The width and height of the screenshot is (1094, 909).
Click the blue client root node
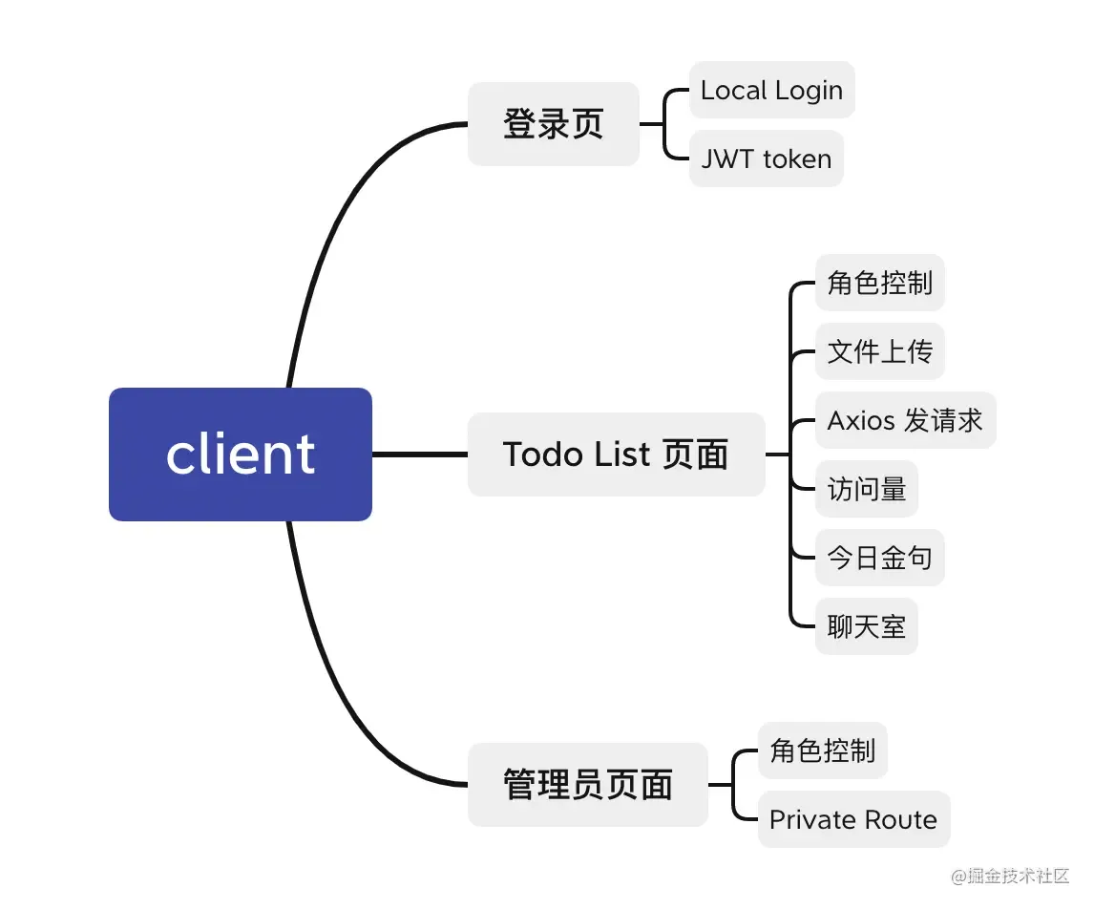240,454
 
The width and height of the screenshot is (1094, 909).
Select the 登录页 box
553,124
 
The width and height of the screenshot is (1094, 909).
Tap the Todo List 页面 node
616,454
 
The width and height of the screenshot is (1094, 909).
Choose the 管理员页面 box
587,785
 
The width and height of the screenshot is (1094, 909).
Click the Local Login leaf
771,91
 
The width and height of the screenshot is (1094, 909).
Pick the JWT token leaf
766,159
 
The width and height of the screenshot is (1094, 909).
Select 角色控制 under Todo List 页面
879,283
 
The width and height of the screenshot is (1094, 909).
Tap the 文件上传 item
879,351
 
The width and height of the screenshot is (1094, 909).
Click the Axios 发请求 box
904,420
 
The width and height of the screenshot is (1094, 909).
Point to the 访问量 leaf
866,489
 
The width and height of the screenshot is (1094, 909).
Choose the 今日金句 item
879,558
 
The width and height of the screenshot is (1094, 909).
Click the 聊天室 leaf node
866,626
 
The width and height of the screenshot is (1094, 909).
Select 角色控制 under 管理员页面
822,750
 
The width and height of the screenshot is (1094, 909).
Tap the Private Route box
853,819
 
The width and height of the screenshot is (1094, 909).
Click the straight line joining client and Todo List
419,454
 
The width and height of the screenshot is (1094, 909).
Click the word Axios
861,420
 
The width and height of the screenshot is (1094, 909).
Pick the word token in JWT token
797,159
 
